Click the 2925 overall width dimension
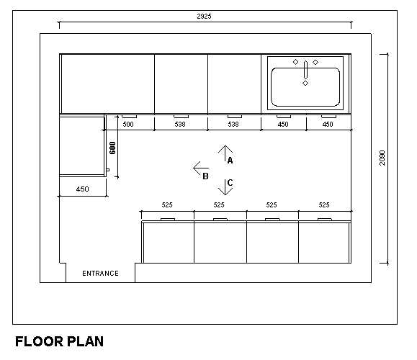[x=204, y=17]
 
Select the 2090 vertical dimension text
[x=382, y=158]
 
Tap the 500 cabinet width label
[x=128, y=124]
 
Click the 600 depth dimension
[x=112, y=148]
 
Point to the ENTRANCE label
[x=100, y=274]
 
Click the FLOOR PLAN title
[x=59, y=341]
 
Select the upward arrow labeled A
[x=225, y=153]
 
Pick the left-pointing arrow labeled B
[x=201, y=168]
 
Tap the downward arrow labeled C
[x=225, y=187]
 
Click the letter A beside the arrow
[x=230, y=161]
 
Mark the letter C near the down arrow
[x=230, y=183]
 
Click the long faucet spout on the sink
[x=305, y=69]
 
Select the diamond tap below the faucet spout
[x=305, y=84]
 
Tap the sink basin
[x=305, y=87]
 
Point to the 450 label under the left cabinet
[x=82, y=189]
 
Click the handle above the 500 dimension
[x=129, y=117]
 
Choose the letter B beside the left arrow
[x=205, y=176]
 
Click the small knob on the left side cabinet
[x=108, y=170]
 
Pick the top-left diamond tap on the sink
[x=295, y=62]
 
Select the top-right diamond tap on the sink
[x=315, y=62]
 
